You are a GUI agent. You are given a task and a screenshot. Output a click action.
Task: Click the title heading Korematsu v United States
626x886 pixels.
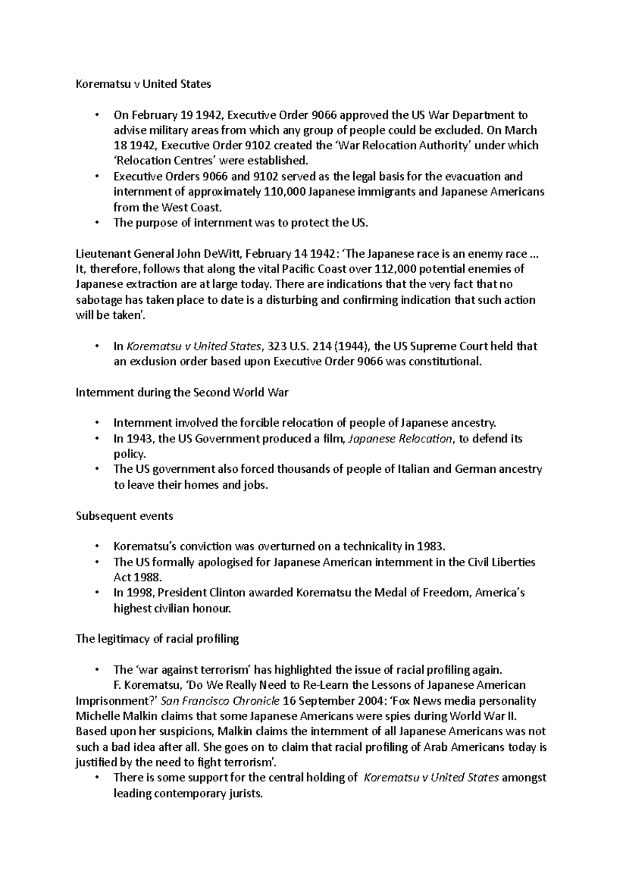tap(143, 83)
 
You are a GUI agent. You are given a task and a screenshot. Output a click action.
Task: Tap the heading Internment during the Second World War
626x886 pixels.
tap(182, 392)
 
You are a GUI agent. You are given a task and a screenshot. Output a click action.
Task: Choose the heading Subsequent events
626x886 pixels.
tap(124, 516)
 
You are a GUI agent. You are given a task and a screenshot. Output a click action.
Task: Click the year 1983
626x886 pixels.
tap(431, 546)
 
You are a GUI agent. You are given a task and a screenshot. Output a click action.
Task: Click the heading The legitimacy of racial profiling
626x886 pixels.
tap(157, 639)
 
